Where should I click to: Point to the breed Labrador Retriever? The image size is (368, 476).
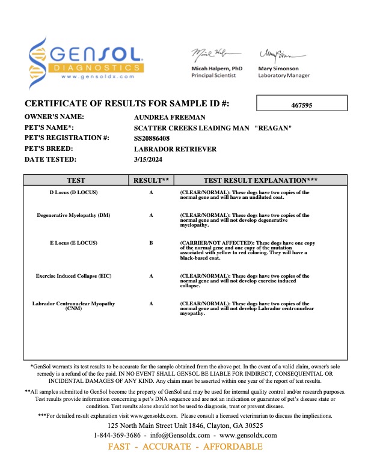174,148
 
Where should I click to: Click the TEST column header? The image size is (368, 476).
76,180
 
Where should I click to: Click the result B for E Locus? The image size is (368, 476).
151,243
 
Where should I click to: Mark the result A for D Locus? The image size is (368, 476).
151,192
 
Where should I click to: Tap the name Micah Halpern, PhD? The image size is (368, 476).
216,69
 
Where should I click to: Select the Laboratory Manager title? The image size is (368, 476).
284,76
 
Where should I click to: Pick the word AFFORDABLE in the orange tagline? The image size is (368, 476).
233,447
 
